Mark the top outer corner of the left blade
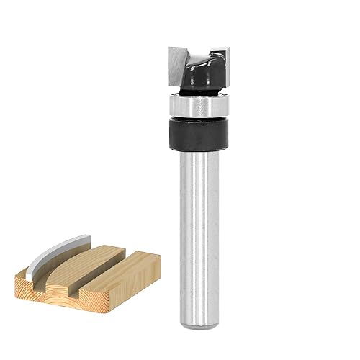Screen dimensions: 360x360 coord(171,49)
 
